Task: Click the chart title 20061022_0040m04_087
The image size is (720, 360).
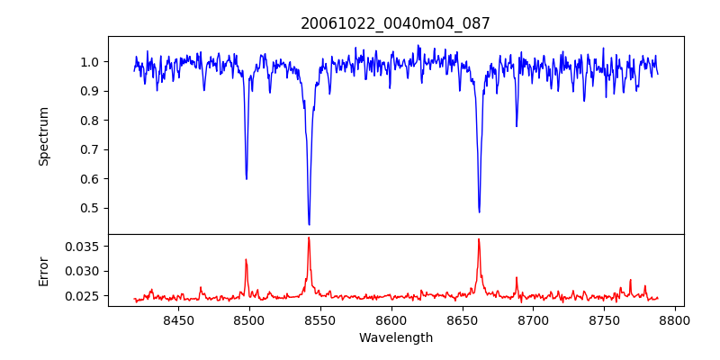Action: click(x=395, y=23)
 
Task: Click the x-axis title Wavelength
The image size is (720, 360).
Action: click(x=395, y=338)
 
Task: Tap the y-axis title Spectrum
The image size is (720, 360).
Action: click(x=43, y=136)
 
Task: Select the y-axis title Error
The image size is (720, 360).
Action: click(x=43, y=270)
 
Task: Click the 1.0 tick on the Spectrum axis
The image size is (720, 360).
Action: click(x=90, y=62)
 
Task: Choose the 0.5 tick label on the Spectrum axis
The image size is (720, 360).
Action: click(x=90, y=208)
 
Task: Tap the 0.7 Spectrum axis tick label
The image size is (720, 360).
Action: click(x=90, y=149)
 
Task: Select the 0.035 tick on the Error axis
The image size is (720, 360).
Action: click(x=84, y=246)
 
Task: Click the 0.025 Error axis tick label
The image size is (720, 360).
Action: click(x=84, y=295)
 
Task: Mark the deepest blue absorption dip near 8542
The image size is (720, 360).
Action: click(x=309, y=224)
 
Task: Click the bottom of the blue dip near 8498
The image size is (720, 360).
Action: click(x=247, y=178)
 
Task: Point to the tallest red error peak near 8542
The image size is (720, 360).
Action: click(x=309, y=238)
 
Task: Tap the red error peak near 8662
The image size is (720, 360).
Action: click(x=479, y=239)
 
